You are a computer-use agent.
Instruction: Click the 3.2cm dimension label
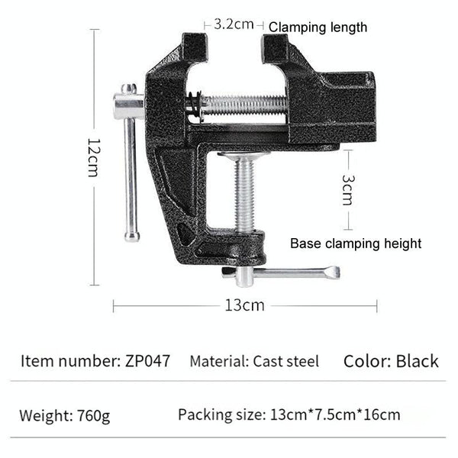tap(233, 24)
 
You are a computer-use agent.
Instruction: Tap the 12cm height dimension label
tap(93, 157)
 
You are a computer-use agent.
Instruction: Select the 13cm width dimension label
tap(244, 305)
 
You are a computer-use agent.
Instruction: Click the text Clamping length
tap(318, 27)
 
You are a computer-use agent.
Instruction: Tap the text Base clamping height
tap(356, 244)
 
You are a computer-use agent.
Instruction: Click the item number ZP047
tap(145, 360)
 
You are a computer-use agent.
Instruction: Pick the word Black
tap(417, 360)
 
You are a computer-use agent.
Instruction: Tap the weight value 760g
tap(94, 416)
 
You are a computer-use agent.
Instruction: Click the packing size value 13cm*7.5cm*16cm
tap(335, 415)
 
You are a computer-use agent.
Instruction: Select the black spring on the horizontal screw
tap(195, 105)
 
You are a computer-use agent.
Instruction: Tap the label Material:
tap(217, 361)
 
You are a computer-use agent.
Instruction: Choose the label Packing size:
tap(221, 415)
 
